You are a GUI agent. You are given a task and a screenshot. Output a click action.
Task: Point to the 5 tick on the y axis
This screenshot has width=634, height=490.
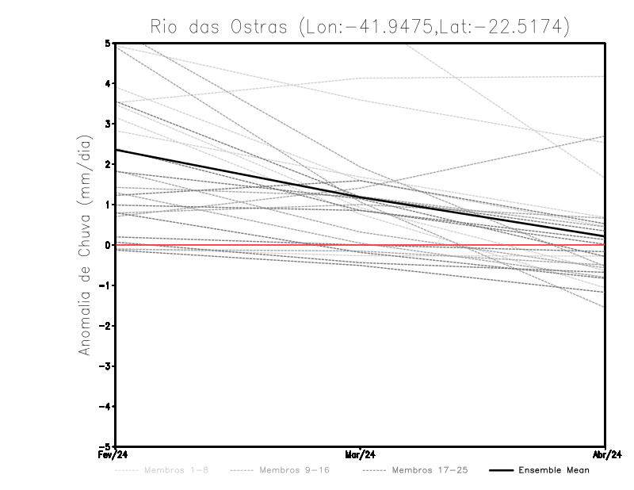coord(108,43)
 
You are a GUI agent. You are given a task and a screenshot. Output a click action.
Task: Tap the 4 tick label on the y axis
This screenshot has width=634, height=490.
coord(108,83)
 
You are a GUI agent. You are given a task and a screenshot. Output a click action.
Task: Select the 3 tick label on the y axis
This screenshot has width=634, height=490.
coord(108,124)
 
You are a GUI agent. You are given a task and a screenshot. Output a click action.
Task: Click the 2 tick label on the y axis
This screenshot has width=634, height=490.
coord(108,164)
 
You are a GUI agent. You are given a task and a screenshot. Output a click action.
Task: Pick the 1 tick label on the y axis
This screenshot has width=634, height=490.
coord(108,205)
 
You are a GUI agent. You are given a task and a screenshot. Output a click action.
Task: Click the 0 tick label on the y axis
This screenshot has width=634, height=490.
coord(108,245)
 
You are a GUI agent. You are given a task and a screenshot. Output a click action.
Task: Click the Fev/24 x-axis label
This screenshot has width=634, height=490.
coord(115,455)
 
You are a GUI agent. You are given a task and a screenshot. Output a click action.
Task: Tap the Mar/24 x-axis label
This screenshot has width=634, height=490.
coord(361,455)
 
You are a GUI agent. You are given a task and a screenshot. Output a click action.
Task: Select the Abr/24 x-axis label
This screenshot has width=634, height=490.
coord(605,455)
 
